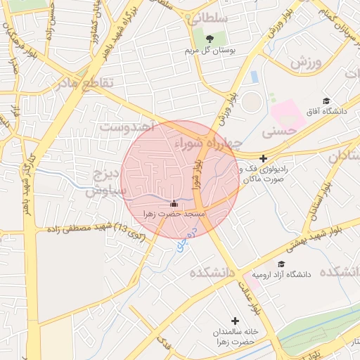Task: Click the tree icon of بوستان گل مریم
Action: (x=210, y=38)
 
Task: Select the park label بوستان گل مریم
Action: (x=210, y=51)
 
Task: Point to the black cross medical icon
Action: (x=263, y=159)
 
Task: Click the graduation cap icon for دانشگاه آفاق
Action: (x=326, y=101)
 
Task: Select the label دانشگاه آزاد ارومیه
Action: (x=284, y=274)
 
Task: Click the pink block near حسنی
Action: (x=288, y=115)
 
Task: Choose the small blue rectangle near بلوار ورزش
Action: (x=254, y=77)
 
